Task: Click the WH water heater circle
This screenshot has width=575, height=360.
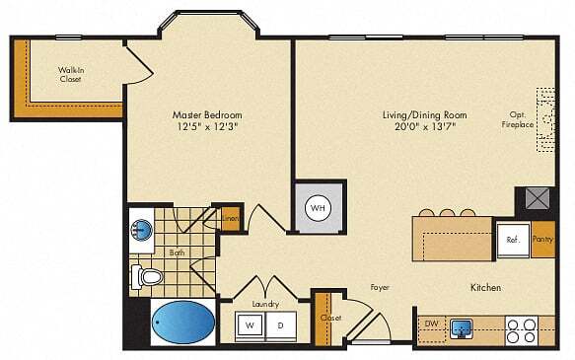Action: click(318, 208)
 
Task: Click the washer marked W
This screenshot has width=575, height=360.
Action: click(250, 324)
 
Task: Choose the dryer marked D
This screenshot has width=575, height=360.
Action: click(280, 324)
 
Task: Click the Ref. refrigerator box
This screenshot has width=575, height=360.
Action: click(513, 240)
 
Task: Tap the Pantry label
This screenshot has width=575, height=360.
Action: click(542, 240)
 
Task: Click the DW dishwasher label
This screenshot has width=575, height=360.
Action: click(430, 324)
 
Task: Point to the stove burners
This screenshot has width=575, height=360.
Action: click(521, 329)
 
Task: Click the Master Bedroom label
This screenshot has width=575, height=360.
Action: click(207, 114)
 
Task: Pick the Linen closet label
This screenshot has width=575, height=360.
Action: click(230, 218)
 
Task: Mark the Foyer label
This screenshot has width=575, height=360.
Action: click(380, 287)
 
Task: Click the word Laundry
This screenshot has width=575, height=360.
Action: click(264, 304)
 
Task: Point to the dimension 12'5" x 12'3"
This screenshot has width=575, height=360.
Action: click(207, 126)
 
